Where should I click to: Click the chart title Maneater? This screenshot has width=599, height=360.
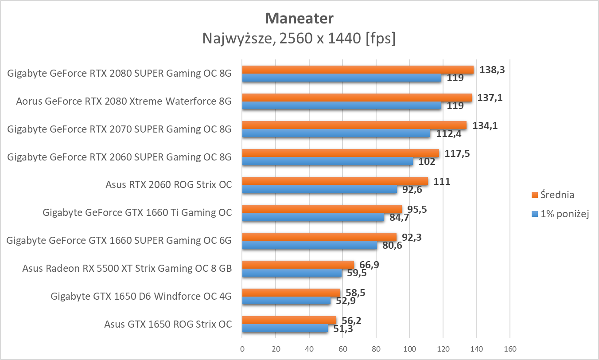tap(299, 18)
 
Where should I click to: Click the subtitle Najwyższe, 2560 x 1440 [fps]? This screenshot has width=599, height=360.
tap(299, 39)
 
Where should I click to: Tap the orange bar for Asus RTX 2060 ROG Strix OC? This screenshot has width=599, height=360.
tap(335, 181)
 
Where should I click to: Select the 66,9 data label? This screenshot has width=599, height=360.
tap(369, 265)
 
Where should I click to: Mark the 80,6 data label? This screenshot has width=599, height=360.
tap(392, 245)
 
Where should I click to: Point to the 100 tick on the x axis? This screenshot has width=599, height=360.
tap(409, 349)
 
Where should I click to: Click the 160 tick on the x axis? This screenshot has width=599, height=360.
tap(510, 349)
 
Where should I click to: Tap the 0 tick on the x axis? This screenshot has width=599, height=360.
tap(242, 349)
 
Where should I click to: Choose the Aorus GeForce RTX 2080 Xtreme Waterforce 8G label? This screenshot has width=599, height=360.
tap(124, 101)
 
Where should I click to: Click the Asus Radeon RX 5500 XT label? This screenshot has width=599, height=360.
tap(127, 268)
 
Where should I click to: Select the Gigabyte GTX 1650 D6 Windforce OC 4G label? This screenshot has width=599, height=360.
tap(141, 296)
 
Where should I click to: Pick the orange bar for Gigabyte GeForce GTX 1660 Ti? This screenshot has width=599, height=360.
tap(322, 209)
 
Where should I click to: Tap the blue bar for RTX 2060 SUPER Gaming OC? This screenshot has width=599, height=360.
tap(327, 161)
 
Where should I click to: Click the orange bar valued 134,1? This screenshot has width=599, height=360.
tap(354, 125)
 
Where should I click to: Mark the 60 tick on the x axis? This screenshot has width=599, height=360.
tap(342, 349)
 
